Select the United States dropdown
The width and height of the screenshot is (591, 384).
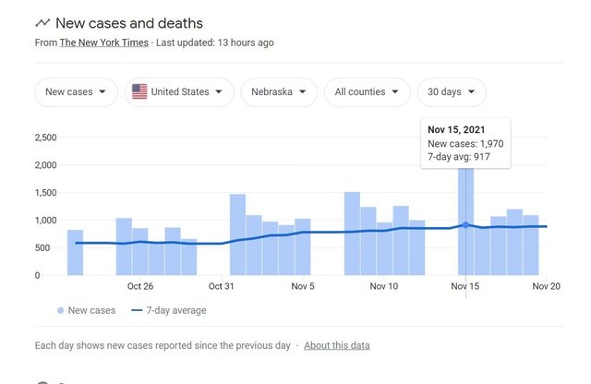tap(179, 92)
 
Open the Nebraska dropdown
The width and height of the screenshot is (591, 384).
tap(279, 92)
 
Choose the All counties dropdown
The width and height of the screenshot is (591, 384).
tap(372, 92)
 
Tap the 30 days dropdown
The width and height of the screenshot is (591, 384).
tap(452, 92)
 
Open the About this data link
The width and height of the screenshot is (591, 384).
tap(336, 345)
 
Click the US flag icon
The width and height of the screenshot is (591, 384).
tap(139, 92)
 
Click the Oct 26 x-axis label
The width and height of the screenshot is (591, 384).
tap(140, 287)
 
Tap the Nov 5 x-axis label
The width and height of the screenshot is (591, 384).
tap(303, 287)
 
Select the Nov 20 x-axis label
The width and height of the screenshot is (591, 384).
tap(547, 287)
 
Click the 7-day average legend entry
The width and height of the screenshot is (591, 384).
tap(169, 311)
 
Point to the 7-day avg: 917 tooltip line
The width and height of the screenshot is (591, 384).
tap(459, 157)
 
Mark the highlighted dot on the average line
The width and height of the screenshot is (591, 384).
tap(466, 225)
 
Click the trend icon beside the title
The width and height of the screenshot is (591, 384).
tap(42, 23)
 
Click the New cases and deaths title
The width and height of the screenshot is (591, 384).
tap(129, 23)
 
